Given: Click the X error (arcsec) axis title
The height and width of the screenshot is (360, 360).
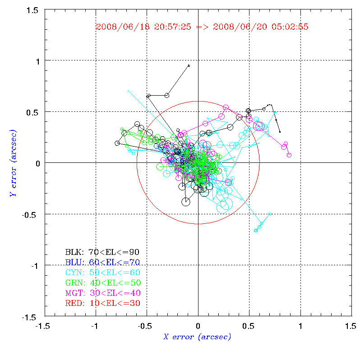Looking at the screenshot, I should [197, 337].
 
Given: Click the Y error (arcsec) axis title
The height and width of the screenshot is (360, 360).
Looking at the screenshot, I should [13, 163].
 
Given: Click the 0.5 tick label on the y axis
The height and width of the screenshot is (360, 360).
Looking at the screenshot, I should [32, 112].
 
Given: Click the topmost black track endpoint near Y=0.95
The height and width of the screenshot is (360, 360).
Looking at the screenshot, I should [189, 65].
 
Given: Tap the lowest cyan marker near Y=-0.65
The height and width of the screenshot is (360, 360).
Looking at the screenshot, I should [256, 231].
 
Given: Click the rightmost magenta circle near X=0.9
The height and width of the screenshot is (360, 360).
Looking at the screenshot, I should [289, 155].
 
